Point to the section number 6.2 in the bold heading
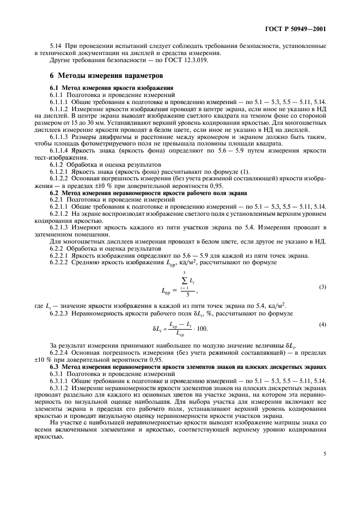click(54, 193)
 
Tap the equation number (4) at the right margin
click(322, 324)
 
